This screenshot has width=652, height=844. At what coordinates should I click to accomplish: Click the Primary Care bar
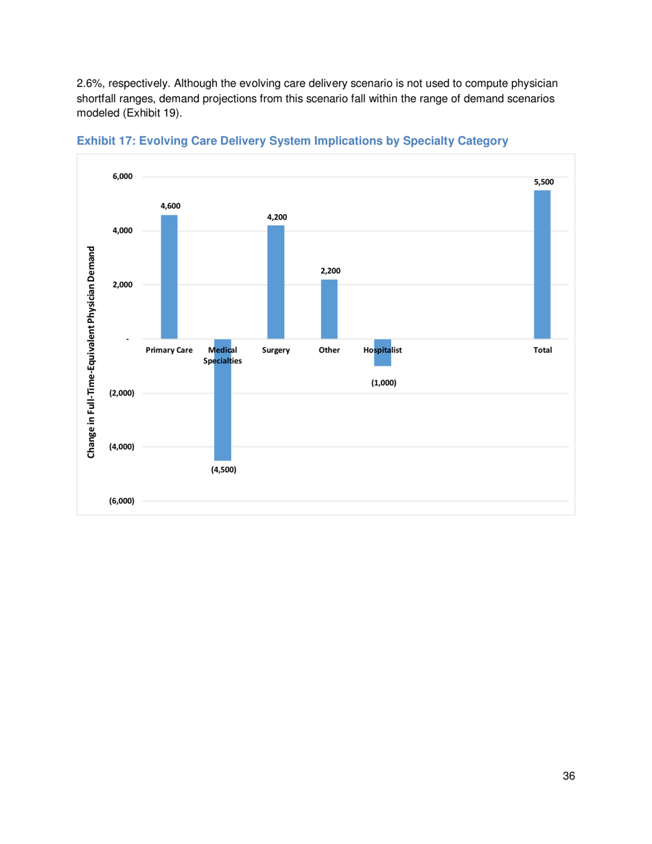pyautogui.click(x=169, y=277)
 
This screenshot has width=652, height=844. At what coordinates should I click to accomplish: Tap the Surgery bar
pyautogui.click(x=276, y=282)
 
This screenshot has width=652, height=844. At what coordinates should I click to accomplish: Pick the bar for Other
pyautogui.click(x=329, y=309)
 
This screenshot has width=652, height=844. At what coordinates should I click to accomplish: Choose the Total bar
pyautogui.click(x=542, y=264)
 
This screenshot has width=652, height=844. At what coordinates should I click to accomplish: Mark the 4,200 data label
pyautogui.click(x=277, y=217)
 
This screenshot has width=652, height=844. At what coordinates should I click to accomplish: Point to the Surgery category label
pyautogui.click(x=276, y=350)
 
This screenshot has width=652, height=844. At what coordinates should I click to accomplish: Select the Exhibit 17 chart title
pyautogui.click(x=292, y=141)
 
